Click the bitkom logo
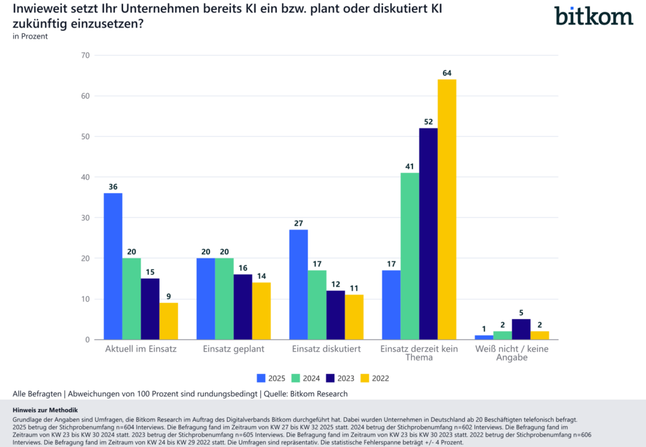(x=594, y=15)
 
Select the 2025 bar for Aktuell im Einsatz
(x=113, y=266)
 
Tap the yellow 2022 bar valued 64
(x=447, y=209)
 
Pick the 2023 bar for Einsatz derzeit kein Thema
(x=428, y=234)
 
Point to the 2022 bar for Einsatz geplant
(x=261, y=311)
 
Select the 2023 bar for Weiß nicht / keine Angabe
(x=521, y=330)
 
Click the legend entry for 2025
(x=271, y=378)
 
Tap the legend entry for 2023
(x=341, y=378)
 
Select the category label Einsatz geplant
(x=233, y=349)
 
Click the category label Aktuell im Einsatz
(x=140, y=349)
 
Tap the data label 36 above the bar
(x=113, y=187)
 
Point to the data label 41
(x=409, y=166)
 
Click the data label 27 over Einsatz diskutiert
(x=298, y=223)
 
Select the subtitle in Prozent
(x=30, y=37)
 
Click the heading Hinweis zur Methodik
(x=45, y=410)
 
